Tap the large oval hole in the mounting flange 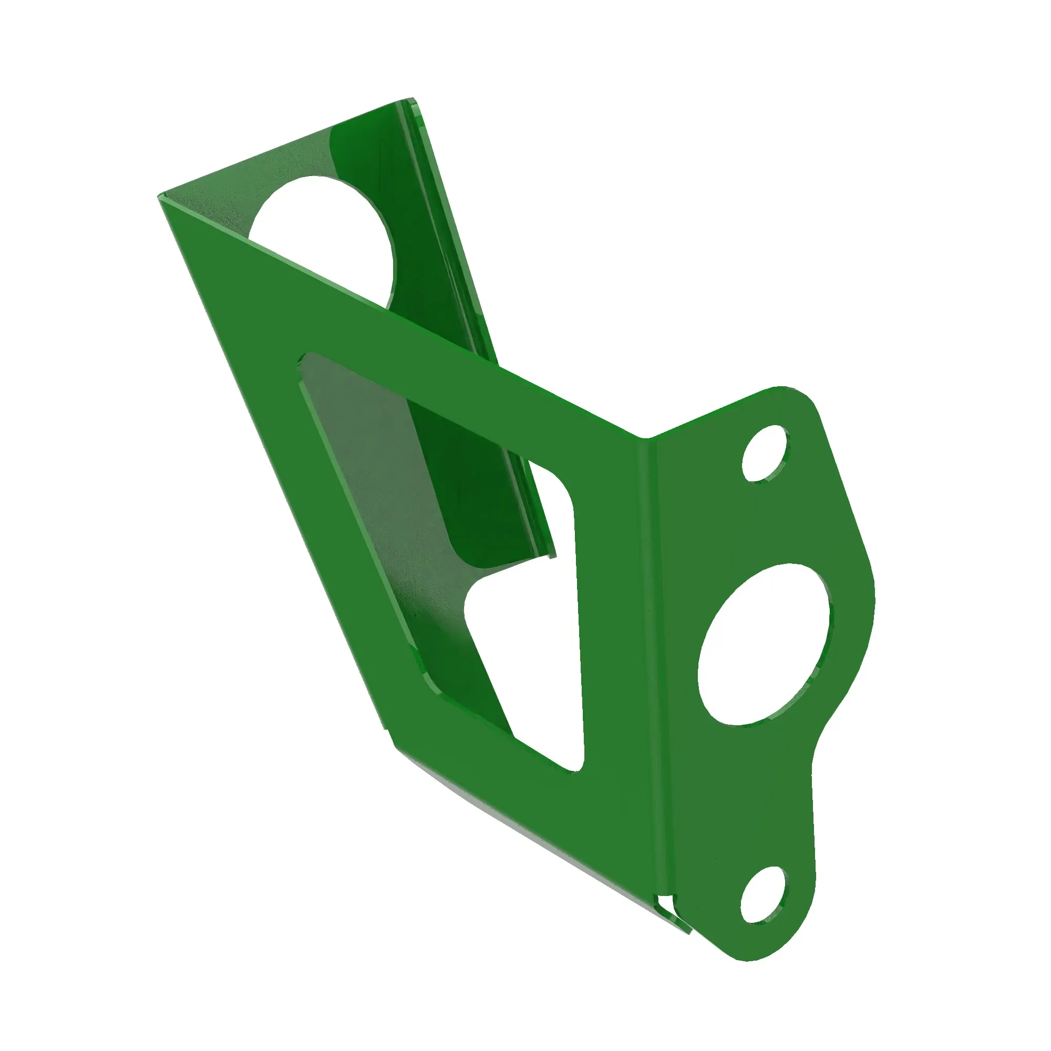(764, 645)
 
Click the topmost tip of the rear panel (411, 99)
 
